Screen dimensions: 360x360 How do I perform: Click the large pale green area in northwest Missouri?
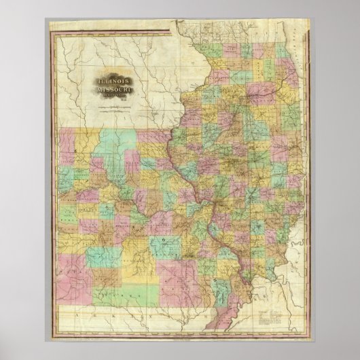102,146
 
